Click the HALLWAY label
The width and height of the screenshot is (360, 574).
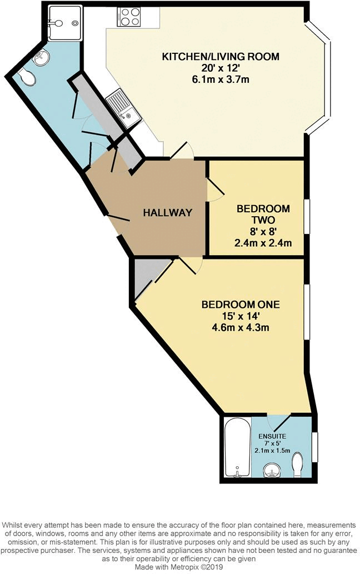point(167,212)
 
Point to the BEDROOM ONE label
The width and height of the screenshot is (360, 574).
point(240,305)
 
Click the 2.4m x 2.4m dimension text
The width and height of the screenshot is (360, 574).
point(263,243)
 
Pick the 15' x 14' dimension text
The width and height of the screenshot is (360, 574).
point(240,316)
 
